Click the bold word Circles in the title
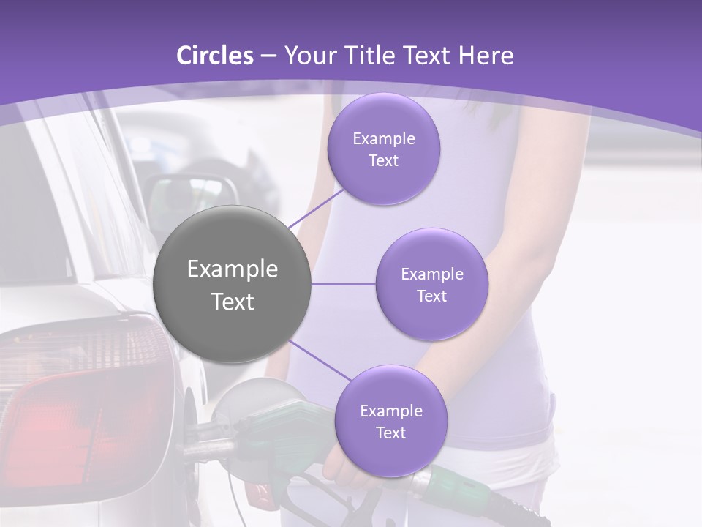215,56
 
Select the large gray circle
233,284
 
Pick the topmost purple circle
384,149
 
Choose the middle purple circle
431,284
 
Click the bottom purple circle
390,421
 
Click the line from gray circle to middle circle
344,284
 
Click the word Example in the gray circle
233,269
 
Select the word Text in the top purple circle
384,160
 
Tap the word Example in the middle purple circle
431,274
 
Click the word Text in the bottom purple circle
390,433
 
